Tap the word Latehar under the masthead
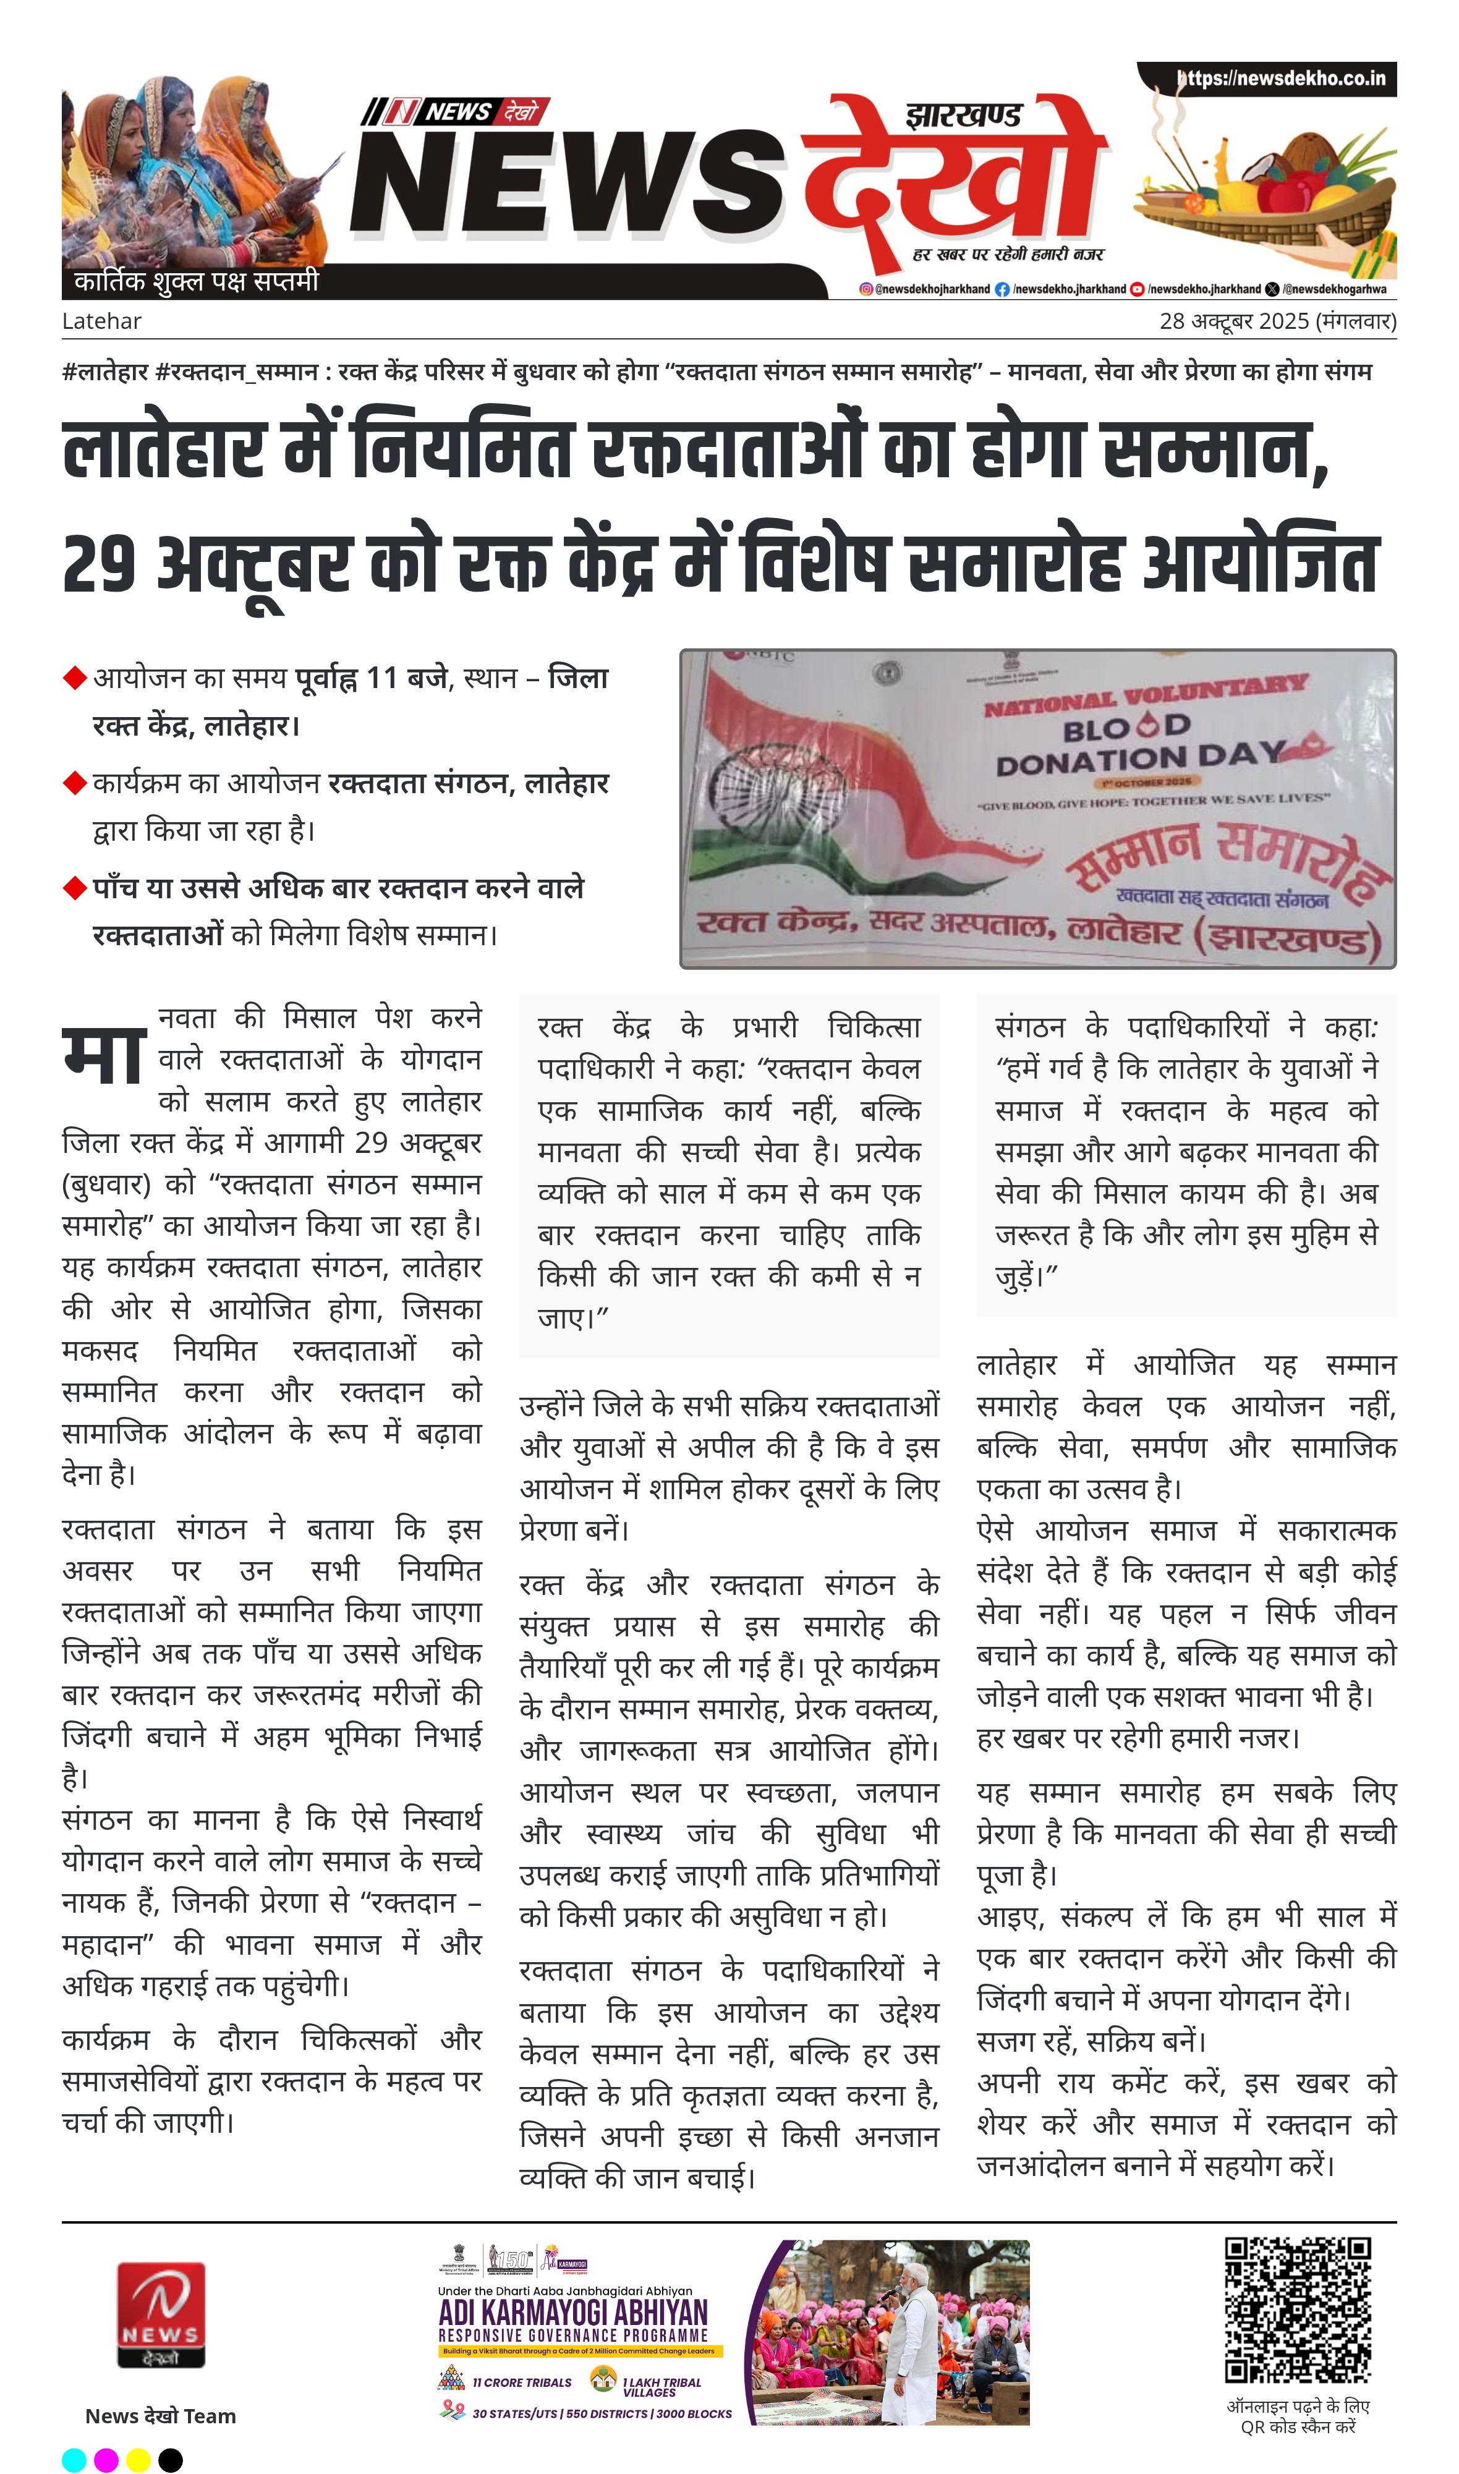click(x=101, y=321)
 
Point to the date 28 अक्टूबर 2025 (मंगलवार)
click(x=1277, y=321)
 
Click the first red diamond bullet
click(x=75, y=678)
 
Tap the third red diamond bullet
click(x=75, y=888)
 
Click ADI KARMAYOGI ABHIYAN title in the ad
click(x=572, y=2312)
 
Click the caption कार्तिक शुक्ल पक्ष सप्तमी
click(x=197, y=282)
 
